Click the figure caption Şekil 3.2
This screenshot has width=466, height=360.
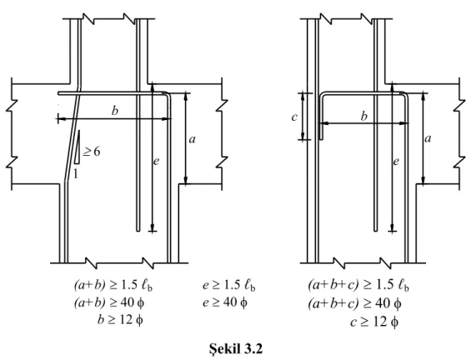pyautogui.click(x=236, y=348)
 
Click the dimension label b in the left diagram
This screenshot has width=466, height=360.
pyautogui.click(x=115, y=111)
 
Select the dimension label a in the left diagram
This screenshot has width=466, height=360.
pyautogui.click(x=193, y=138)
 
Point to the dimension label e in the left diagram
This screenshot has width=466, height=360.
pyautogui.click(x=156, y=162)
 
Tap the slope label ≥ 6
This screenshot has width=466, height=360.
pyautogui.click(x=92, y=152)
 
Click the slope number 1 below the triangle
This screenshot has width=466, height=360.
pyautogui.click(x=76, y=173)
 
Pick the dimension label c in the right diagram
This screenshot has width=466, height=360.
pyautogui.click(x=294, y=117)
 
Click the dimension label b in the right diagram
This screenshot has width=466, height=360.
pyautogui.click(x=364, y=116)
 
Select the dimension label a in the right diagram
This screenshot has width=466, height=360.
pyautogui.click(x=428, y=138)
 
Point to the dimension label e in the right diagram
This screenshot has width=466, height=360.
pyautogui.click(x=396, y=162)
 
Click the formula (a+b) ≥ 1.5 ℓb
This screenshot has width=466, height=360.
pyautogui.click(x=113, y=285)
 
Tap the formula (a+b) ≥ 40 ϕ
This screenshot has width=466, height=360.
pyautogui.click(x=109, y=302)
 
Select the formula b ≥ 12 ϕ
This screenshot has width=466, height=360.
pyautogui.click(x=120, y=320)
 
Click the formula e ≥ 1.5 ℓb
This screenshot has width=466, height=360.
pyautogui.click(x=229, y=285)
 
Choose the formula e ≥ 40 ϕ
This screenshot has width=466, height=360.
pyautogui.click(x=225, y=302)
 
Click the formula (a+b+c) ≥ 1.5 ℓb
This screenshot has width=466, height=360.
pyautogui.click(x=358, y=285)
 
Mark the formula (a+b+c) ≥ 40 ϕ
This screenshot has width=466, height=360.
pyautogui.click(x=354, y=303)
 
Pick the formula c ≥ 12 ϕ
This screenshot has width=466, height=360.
pyautogui.click(x=374, y=322)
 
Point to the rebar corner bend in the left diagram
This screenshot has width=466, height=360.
pyautogui.click(x=168, y=94)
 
